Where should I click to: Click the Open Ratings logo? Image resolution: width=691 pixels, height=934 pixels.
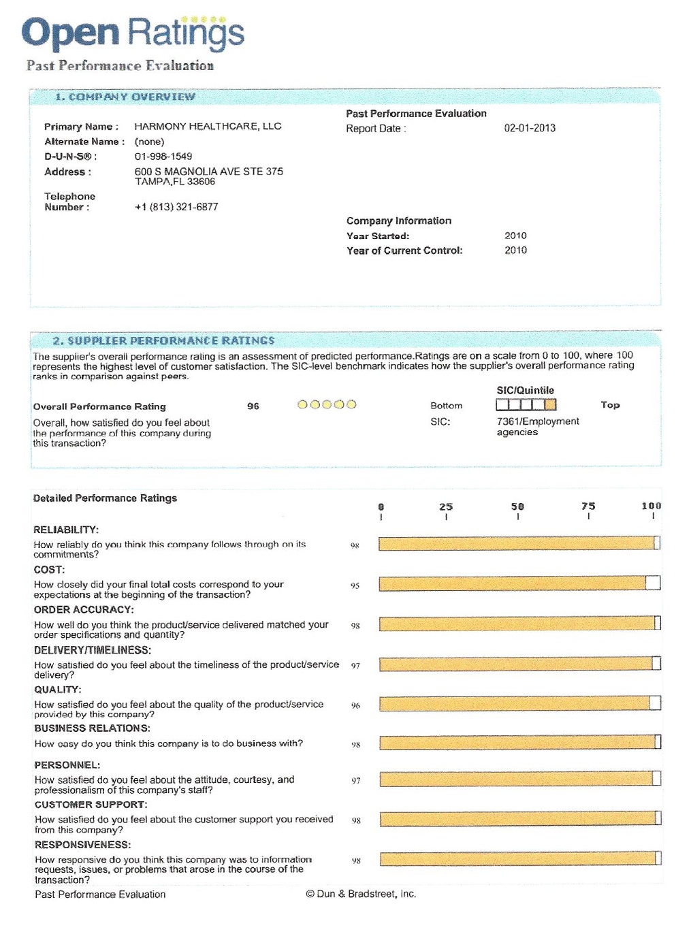(133, 33)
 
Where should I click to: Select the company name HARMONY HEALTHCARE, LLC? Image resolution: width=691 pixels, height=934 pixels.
(208, 127)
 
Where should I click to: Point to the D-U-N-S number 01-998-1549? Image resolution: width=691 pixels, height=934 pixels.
(163, 157)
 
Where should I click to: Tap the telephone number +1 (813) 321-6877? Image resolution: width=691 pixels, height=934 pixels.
(176, 207)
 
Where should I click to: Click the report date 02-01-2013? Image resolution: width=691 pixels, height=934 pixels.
(530, 128)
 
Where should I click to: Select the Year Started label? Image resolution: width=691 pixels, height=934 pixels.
(378, 236)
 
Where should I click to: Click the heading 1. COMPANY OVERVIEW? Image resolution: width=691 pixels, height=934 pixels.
(125, 97)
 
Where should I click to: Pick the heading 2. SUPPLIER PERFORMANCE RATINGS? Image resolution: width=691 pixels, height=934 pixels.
(164, 340)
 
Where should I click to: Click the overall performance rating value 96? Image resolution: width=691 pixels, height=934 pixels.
(253, 406)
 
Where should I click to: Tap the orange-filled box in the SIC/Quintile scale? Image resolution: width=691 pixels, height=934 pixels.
(550, 405)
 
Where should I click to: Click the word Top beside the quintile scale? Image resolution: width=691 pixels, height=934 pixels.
(610, 405)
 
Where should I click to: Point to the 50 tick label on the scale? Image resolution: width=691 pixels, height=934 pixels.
(517, 506)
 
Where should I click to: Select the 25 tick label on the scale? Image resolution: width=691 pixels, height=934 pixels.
(446, 506)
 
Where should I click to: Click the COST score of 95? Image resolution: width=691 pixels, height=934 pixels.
(355, 585)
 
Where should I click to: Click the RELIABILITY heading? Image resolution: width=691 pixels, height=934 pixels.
(66, 530)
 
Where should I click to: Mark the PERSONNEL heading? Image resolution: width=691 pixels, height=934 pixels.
(67, 765)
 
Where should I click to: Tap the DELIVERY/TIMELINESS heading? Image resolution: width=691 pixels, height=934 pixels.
(93, 650)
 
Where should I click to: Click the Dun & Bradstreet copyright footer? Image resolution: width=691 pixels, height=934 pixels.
(361, 894)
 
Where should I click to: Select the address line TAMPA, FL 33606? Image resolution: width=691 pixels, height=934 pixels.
(175, 182)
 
